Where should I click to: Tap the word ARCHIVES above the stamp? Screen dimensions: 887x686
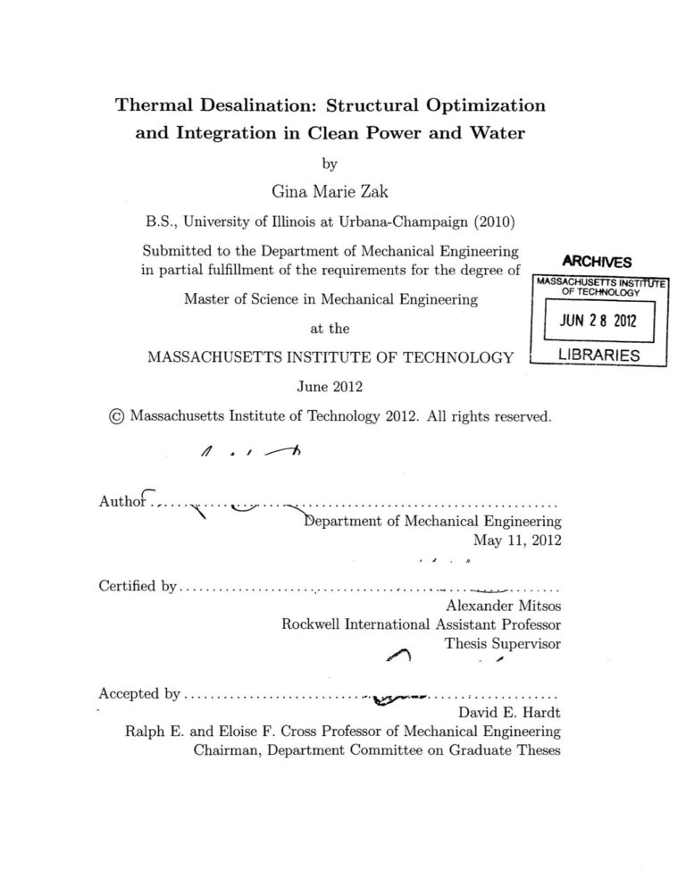pos(598,262)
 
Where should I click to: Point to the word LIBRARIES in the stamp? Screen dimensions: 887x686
pos(598,356)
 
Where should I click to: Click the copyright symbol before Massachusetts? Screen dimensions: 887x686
pos(114,416)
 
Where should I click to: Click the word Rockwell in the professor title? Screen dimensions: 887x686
pos(311,623)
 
